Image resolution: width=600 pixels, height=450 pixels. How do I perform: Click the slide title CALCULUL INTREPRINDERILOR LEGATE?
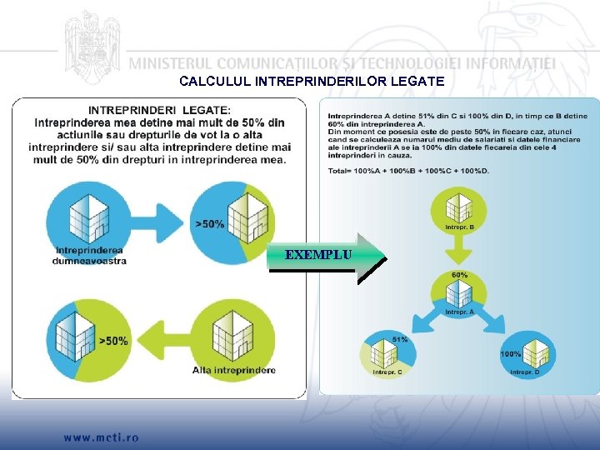point(312,82)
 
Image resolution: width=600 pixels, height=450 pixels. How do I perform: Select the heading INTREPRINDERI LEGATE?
point(160,110)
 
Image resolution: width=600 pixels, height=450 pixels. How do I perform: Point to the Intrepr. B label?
point(460,227)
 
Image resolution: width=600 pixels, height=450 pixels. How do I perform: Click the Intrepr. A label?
point(459,312)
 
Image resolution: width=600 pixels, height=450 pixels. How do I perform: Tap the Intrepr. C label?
point(387,372)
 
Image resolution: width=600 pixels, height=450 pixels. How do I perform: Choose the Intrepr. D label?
point(524,372)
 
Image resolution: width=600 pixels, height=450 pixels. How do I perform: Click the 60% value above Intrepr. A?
point(459,274)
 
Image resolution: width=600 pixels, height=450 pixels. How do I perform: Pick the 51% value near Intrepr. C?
point(400,340)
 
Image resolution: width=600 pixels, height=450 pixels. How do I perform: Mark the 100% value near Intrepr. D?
point(511,354)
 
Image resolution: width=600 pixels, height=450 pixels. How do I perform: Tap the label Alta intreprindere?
point(234,369)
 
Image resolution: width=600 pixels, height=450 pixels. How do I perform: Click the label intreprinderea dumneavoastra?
point(89,255)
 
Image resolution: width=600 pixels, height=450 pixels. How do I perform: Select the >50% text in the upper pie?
point(210,224)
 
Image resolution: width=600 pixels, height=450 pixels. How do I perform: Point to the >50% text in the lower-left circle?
point(113,341)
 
